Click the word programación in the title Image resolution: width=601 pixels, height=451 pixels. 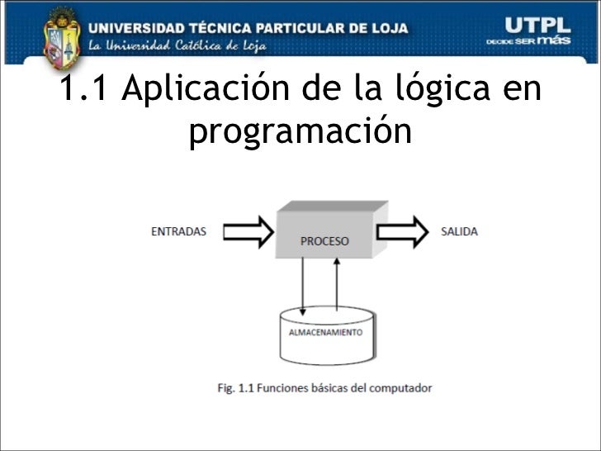(x=300, y=131)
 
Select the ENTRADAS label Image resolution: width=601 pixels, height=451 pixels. (x=178, y=231)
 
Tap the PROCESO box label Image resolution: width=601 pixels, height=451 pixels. (x=324, y=241)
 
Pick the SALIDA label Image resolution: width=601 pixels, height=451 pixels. (x=459, y=231)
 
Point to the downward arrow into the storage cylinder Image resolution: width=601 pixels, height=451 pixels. (x=303, y=285)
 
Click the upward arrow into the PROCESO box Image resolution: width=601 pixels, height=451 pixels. (x=337, y=285)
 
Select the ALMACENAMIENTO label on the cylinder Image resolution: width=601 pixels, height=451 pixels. (x=325, y=332)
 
